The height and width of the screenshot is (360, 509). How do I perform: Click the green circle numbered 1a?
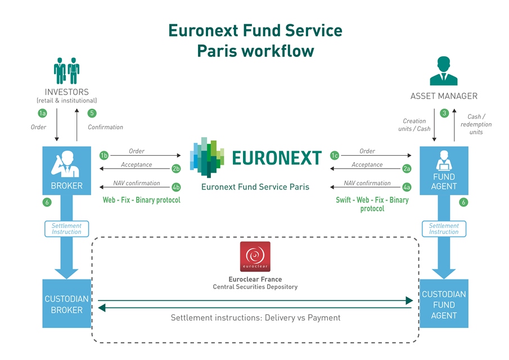tap(42, 113)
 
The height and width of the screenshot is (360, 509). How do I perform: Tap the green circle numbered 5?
tap(92, 113)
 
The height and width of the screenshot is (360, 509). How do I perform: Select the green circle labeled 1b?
tap(103, 155)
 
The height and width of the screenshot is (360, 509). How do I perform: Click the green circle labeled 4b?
tap(176, 187)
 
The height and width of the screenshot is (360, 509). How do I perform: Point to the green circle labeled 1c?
tap(335, 155)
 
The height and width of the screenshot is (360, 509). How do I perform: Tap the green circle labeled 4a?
tap(407, 187)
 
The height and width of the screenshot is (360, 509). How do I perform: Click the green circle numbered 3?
tap(444, 113)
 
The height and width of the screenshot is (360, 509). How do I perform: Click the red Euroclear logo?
tap(255, 256)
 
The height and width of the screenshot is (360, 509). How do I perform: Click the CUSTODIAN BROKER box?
tap(66, 304)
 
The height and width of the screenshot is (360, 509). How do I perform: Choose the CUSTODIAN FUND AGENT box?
tap(444, 304)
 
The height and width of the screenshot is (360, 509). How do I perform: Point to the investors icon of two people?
tap(66, 70)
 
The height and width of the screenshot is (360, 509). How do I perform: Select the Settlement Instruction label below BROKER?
tap(66, 229)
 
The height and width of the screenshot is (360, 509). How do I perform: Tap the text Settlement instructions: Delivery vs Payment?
tap(255, 318)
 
